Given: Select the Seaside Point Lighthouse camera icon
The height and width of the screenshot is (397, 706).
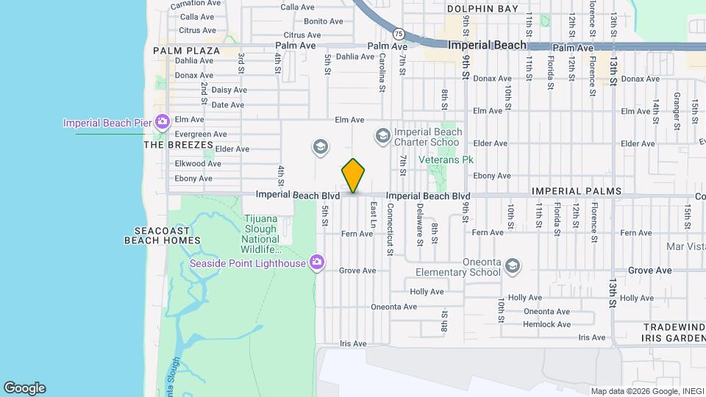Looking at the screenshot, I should [x=317, y=262].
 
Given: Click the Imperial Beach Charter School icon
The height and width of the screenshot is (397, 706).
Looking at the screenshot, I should [x=382, y=135].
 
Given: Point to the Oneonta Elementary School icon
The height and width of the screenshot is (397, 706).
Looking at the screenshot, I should [x=513, y=266].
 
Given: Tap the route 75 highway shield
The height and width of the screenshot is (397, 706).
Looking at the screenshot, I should [x=398, y=34].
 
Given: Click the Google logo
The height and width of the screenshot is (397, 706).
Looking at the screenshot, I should [x=24, y=388].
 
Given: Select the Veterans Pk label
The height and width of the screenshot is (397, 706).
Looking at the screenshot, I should [x=445, y=160].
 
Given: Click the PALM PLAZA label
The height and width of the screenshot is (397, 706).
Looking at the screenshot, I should [x=187, y=51].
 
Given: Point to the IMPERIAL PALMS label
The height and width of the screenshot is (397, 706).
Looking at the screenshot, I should [x=577, y=191].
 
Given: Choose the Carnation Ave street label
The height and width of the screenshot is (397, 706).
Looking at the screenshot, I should [x=196, y=4].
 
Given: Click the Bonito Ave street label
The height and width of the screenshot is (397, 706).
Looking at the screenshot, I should [x=324, y=21].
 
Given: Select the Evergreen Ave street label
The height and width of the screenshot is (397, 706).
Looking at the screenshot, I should [x=200, y=135].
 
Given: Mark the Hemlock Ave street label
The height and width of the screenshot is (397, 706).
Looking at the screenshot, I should [x=546, y=324].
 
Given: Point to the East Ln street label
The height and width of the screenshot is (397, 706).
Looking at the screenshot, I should [x=374, y=214].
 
